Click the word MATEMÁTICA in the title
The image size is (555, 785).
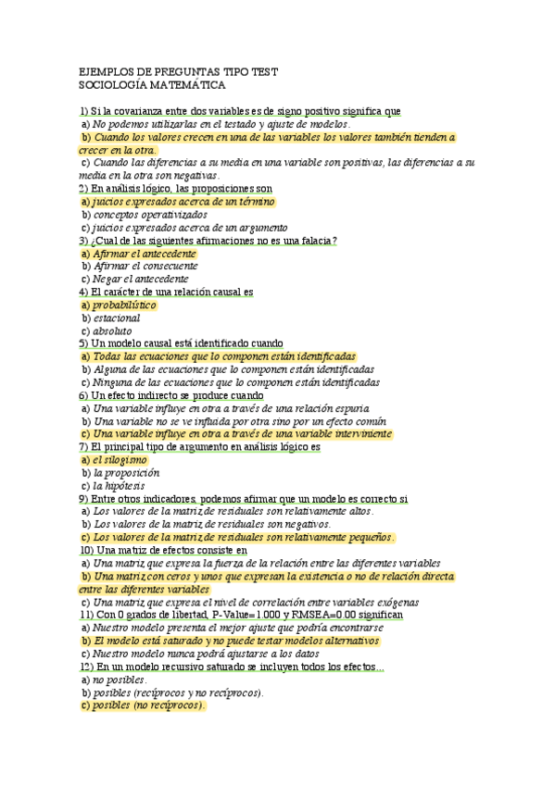[x=192, y=85]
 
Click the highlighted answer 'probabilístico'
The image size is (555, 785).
[x=125, y=305]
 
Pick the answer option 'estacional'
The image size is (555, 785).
[x=117, y=318]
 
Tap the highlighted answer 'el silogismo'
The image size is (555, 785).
[x=120, y=459]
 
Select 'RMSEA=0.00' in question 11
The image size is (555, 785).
[x=320, y=615]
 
